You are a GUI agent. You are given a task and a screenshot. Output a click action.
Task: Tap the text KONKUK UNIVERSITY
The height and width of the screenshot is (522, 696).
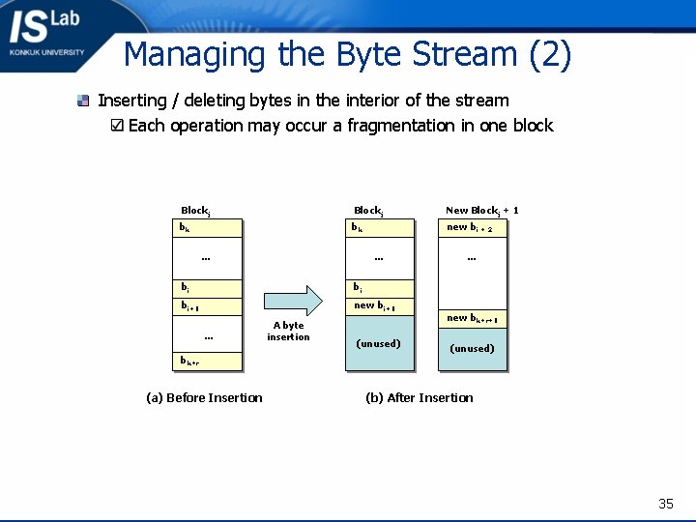coord(46,52)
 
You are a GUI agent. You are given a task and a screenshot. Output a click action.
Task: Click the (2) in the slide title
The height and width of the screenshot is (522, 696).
coord(550,54)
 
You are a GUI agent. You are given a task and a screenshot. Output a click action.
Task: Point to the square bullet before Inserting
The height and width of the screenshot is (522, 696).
coord(84,101)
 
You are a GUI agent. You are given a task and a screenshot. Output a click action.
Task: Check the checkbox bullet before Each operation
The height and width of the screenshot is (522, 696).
coord(117,126)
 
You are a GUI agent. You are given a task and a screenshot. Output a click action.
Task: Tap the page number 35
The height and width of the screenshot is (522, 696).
coord(665,504)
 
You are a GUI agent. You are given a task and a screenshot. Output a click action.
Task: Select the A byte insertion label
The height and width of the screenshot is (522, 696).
coord(288,332)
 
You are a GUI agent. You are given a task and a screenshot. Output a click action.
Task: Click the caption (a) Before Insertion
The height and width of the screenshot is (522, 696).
coord(204,397)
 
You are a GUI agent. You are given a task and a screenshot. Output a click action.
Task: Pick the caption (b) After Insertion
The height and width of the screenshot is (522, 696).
coord(420,397)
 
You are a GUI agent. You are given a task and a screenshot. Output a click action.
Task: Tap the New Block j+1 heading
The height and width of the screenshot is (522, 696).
coord(481,210)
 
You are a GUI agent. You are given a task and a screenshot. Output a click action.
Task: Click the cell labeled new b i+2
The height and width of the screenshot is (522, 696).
coord(473,228)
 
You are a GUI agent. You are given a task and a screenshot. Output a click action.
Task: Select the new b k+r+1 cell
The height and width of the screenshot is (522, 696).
coord(473,318)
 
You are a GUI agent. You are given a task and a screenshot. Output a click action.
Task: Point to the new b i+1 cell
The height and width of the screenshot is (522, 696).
coord(379,306)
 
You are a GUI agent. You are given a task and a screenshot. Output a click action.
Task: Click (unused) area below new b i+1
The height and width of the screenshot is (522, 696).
coord(379,343)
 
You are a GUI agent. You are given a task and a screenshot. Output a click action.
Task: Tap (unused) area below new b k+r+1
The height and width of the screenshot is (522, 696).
coord(473,349)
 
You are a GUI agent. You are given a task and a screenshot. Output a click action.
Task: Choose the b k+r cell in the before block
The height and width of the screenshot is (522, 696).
coord(207,362)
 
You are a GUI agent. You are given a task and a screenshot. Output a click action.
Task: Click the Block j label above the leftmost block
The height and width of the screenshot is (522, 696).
coord(195,211)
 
